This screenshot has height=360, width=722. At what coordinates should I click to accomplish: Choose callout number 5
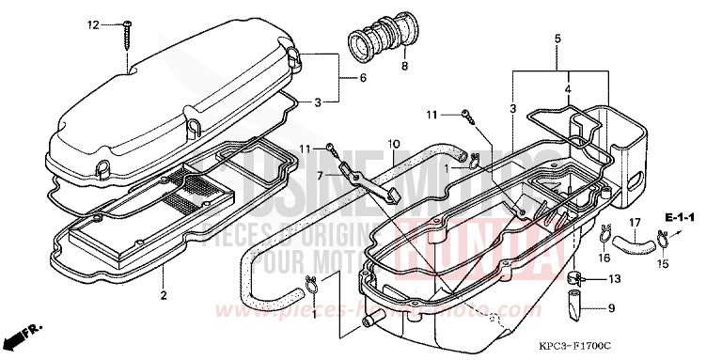[x=557, y=39]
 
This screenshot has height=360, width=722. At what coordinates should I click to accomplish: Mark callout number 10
[x=394, y=144]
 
